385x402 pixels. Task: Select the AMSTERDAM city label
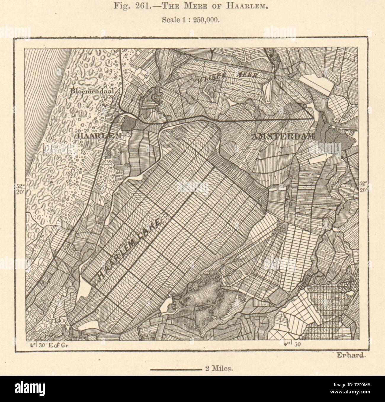click(283, 137)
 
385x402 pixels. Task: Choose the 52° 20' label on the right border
click(364, 186)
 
